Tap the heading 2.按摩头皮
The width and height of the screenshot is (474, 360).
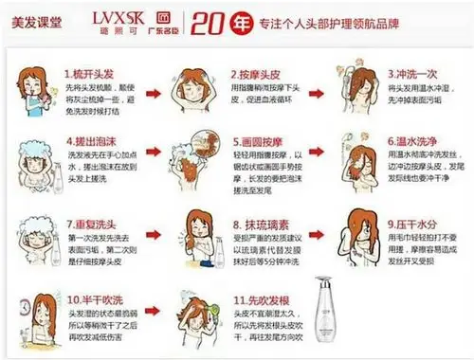(256, 73)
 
